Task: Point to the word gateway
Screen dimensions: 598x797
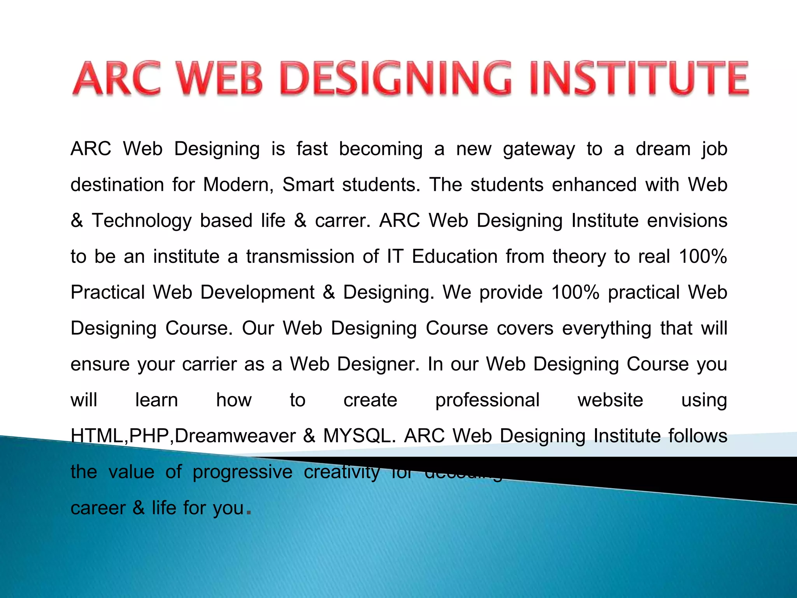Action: [x=539, y=149]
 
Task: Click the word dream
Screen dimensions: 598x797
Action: [x=663, y=149]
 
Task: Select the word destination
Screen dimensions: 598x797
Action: [x=117, y=185]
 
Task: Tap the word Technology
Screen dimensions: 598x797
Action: [x=142, y=221]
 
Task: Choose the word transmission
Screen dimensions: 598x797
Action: [x=300, y=257]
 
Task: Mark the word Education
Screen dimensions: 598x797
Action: [x=455, y=257]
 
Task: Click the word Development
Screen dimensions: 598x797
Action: [x=257, y=293]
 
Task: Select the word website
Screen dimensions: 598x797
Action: [x=610, y=400]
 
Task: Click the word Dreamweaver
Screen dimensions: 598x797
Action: [x=235, y=436]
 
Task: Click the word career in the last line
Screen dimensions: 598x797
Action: [x=98, y=508]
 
